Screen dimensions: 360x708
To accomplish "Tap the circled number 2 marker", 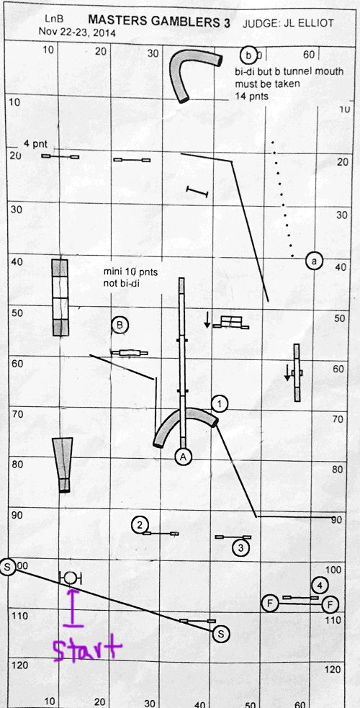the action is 140,524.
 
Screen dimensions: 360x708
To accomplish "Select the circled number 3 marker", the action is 240,548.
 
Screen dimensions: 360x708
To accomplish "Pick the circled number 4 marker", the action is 320,586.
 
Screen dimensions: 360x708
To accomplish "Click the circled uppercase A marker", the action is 183,457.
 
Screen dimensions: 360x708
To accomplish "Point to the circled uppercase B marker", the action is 120,325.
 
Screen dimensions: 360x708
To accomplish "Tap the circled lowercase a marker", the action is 314,261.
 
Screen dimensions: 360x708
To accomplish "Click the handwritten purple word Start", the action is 87,648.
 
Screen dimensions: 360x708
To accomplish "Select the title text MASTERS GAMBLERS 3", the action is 159,21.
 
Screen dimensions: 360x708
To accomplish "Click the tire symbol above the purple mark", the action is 71,577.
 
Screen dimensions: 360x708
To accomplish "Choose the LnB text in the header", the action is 54,19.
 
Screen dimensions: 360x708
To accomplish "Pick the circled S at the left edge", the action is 8,567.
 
